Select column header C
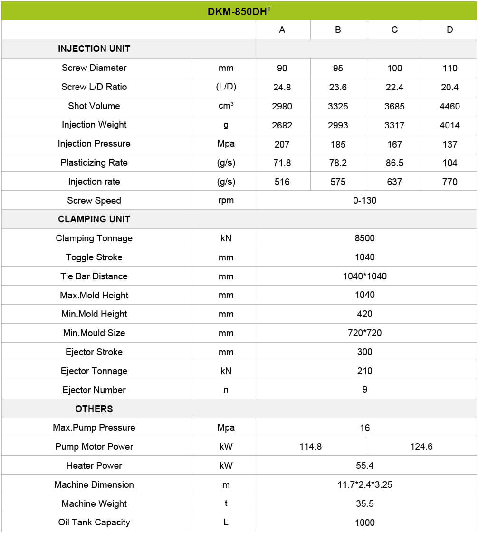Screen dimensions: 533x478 click(x=394, y=30)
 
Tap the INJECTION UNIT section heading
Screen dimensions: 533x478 click(x=94, y=49)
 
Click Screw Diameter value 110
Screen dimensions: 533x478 click(x=449, y=68)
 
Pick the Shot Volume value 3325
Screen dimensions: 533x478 click(x=338, y=106)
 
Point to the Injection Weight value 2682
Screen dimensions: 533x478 click(x=282, y=125)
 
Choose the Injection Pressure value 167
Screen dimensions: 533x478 click(x=394, y=144)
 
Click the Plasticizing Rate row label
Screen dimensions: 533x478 click(x=94, y=163)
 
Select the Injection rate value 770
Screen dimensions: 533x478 click(x=449, y=182)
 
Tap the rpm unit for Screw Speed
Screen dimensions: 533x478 click(x=226, y=201)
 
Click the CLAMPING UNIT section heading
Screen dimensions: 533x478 click(x=94, y=219)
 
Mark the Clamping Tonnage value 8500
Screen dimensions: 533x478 click(x=364, y=238)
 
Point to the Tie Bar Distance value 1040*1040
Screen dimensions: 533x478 click(x=364, y=276)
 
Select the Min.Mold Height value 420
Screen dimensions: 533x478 click(x=364, y=314)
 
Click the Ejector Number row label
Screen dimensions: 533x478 click(x=94, y=390)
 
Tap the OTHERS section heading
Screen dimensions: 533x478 click(x=94, y=409)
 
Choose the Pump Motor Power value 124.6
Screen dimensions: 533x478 click(x=421, y=447)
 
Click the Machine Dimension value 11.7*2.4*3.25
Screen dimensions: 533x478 click(x=364, y=485)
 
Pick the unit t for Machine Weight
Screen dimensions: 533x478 click(x=226, y=503)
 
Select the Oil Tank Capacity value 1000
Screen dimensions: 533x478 click(x=364, y=523)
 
